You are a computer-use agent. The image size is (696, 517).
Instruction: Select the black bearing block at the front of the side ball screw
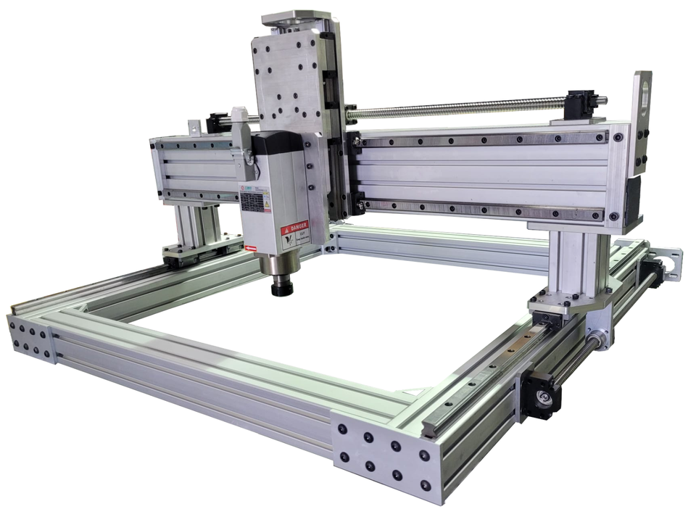click(x=540, y=395)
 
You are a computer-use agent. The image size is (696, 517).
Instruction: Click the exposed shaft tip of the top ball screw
click(x=602, y=101)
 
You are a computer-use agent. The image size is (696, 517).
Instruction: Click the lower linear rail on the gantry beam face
click(x=482, y=210)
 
